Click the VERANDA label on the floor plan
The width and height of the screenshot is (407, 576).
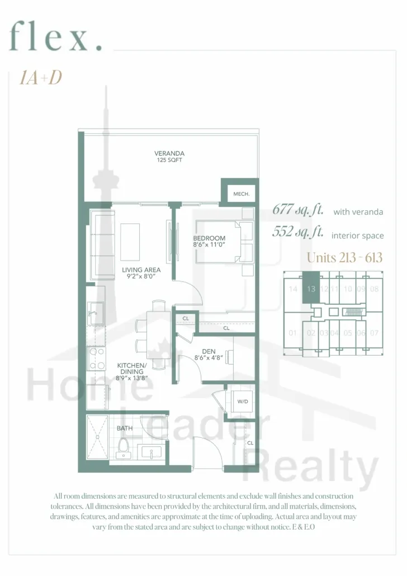(x=169, y=154)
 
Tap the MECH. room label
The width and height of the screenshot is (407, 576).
(x=242, y=194)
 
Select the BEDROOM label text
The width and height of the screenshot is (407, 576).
(x=209, y=238)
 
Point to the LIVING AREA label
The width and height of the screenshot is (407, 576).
(x=141, y=270)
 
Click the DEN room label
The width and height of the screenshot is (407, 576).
(x=209, y=352)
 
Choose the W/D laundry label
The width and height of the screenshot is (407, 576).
(x=243, y=402)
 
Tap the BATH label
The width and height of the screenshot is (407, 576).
(x=125, y=428)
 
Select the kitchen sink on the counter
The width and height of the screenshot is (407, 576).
(x=95, y=313)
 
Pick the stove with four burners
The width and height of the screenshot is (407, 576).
(x=96, y=358)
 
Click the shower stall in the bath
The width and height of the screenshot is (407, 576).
(x=97, y=437)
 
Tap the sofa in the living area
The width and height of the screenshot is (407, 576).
(x=102, y=244)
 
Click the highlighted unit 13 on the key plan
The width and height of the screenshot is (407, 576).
(x=311, y=287)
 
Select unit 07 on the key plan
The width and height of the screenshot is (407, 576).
(x=374, y=333)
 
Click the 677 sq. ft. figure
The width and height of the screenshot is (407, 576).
(x=298, y=210)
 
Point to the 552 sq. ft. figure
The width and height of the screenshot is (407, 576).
(x=298, y=232)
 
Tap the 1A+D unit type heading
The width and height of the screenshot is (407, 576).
(x=41, y=78)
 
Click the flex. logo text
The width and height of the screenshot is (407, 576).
(x=55, y=36)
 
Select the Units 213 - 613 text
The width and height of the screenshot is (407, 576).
(x=344, y=257)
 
